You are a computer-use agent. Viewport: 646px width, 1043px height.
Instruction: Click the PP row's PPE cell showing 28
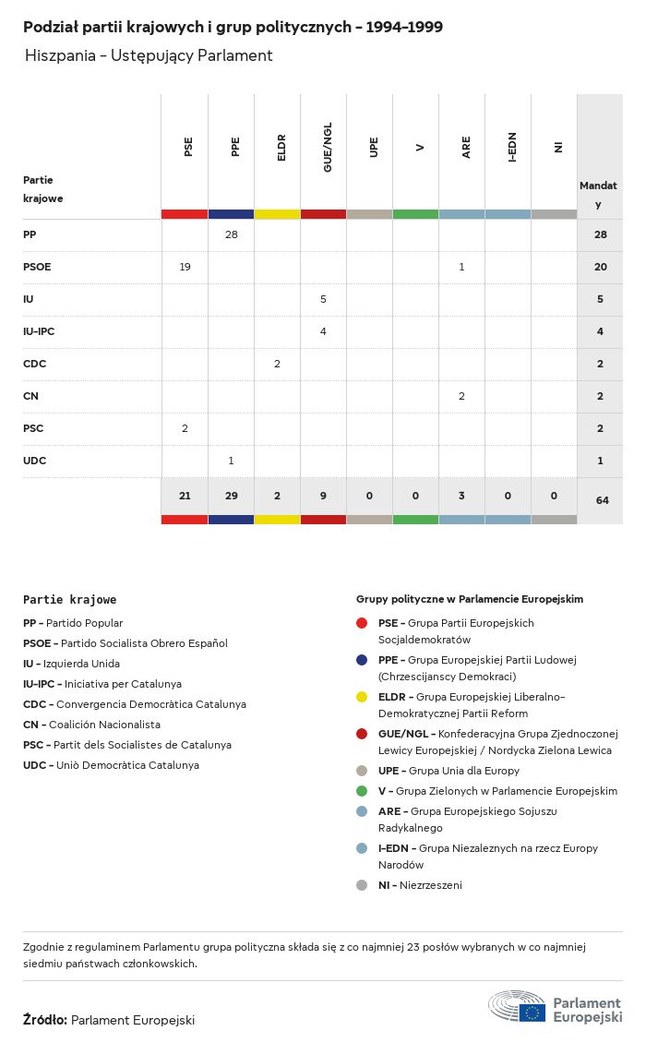coord(231,234)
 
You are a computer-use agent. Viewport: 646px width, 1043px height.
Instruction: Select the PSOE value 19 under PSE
coord(185,267)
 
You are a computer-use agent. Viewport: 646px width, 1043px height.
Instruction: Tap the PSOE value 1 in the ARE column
coord(461,267)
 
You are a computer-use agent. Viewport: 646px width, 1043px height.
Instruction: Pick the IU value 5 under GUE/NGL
coord(323,299)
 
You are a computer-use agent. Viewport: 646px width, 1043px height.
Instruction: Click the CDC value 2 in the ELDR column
coord(277,364)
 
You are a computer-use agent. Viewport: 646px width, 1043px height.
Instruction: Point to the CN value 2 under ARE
coord(461,396)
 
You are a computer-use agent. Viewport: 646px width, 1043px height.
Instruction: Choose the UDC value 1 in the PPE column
coord(231,461)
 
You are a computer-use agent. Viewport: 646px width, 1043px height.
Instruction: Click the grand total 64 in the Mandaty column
coord(602,500)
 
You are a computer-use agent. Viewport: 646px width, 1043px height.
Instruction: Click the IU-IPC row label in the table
coord(40,331)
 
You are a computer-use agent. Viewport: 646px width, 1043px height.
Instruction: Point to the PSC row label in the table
coord(33,428)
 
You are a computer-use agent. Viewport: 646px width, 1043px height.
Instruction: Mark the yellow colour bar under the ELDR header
coord(277,214)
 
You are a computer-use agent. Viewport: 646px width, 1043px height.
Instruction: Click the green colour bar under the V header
coord(415,214)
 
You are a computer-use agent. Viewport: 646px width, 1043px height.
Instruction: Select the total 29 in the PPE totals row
coord(231,496)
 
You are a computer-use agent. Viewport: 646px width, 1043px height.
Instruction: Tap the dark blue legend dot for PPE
coord(362,660)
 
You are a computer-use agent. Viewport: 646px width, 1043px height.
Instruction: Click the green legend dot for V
coord(362,791)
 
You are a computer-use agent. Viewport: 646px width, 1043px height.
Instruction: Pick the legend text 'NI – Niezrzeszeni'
coord(420,885)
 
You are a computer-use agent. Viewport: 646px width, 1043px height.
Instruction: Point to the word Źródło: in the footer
coord(44,1020)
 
